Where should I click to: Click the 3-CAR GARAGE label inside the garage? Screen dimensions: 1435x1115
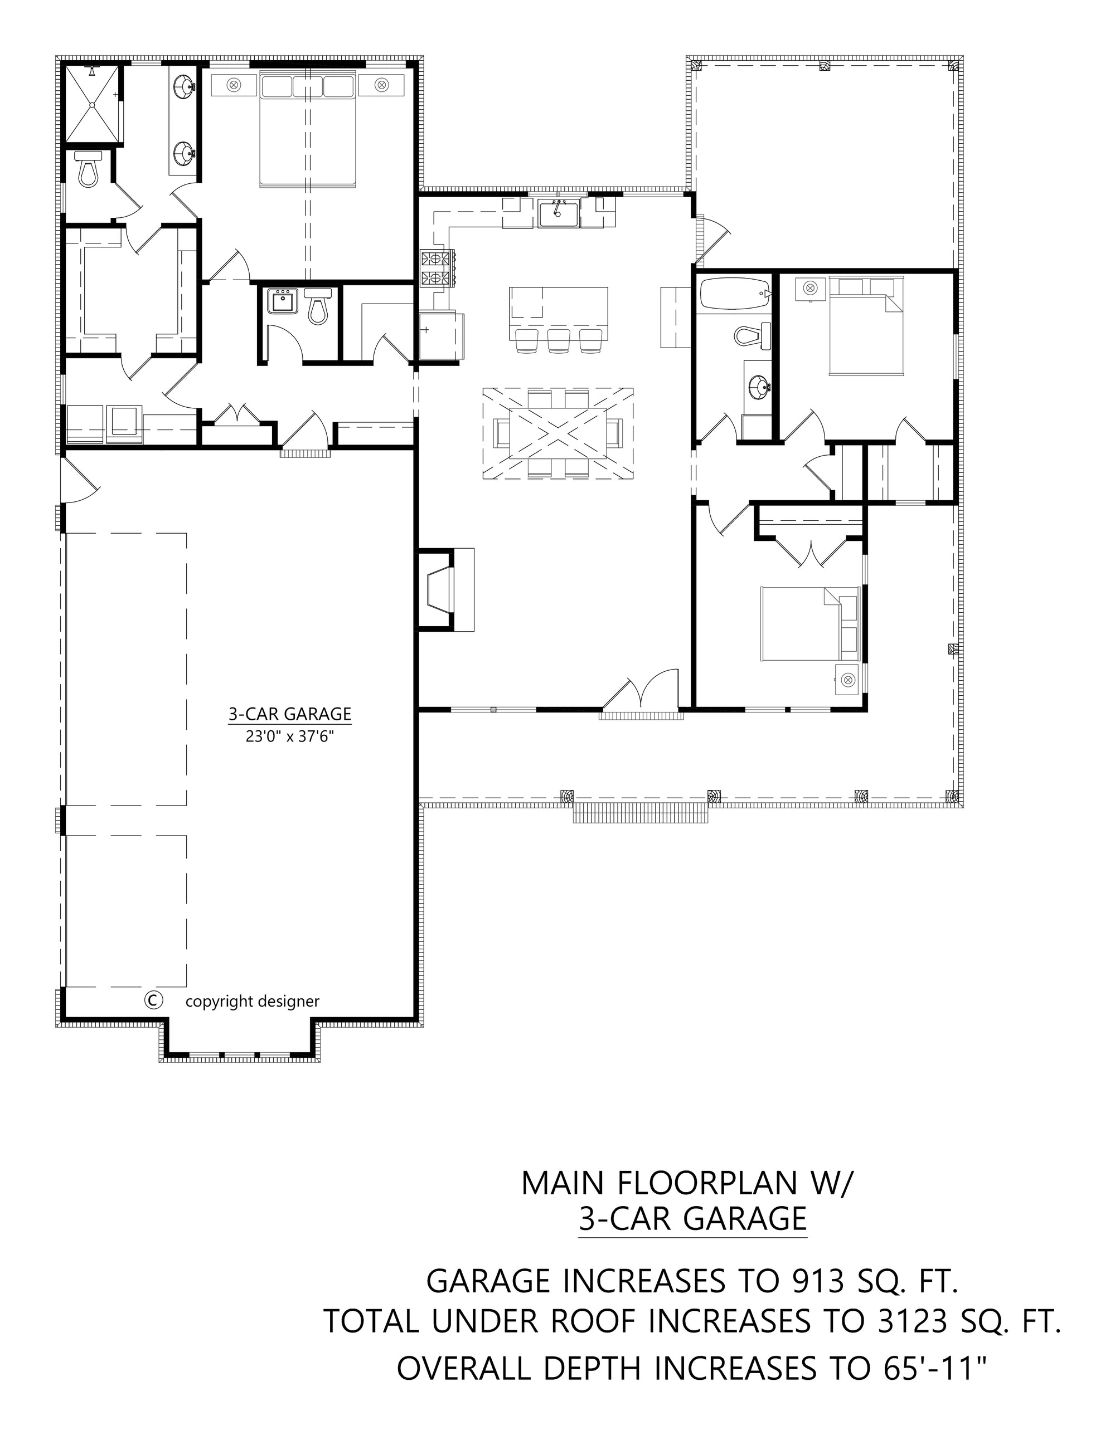coord(289,714)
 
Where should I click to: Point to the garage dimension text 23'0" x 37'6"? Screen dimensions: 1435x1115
coord(290,736)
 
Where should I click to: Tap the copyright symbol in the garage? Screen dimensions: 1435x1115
coord(153,1000)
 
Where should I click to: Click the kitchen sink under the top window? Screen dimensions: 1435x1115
coord(558,214)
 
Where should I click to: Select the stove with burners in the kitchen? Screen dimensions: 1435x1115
coord(437,268)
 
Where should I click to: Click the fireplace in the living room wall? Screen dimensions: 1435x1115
coord(440,590)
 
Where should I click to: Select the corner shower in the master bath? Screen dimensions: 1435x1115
coord(93,103)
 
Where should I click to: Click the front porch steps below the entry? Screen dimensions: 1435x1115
coord(641,815)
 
